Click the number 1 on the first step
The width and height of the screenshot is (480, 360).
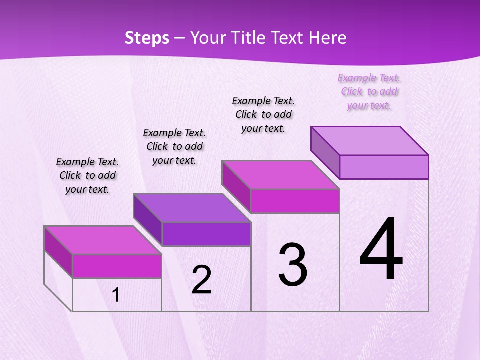click(116, 295)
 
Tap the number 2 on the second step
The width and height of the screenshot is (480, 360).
click(201, 280)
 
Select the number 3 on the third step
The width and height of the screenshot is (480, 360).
click(293, 265)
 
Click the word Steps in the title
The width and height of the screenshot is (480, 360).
click(147, 38)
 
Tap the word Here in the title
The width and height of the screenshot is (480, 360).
click(328, 38)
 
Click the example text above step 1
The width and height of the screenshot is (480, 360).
click(87, 175)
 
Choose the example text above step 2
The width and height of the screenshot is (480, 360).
click(174, 146)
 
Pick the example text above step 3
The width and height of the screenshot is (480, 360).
click(263, 114)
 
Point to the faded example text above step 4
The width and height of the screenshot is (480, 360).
click(369, 91)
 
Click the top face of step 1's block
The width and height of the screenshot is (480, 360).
click(103, 240)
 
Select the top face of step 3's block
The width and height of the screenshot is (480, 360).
click(281, 175)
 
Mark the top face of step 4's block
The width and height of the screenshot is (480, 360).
click(370, 141)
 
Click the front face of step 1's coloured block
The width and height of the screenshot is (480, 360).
click(117, 266)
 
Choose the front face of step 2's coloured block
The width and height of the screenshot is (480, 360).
click(206, 234)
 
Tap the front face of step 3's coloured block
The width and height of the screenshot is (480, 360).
click(295, 201)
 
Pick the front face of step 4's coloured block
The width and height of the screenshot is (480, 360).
click(384, 167)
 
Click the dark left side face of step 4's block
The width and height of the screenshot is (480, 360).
click(325, 152)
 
